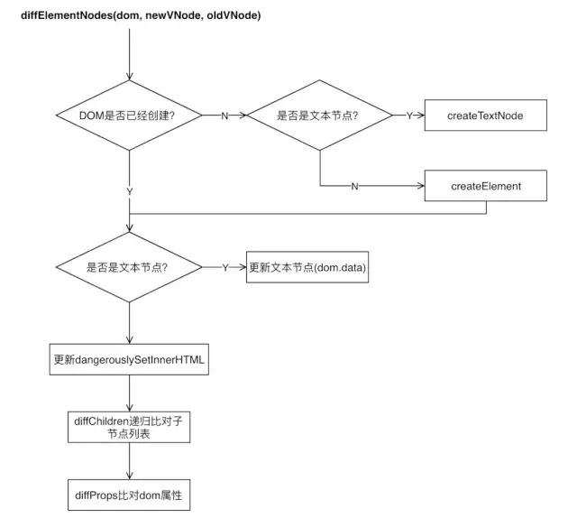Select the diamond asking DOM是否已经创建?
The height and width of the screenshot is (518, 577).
130,116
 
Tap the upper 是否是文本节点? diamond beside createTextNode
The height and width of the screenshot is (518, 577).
319,116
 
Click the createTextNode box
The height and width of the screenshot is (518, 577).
485,116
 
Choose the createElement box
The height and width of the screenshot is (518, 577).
485,186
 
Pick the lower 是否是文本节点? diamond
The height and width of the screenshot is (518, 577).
130,267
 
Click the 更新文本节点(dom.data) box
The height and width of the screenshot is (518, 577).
308,267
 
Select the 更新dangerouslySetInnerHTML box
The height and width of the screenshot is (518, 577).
130,359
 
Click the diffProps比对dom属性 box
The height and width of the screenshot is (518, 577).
130,495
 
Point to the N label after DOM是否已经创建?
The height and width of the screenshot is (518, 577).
224,116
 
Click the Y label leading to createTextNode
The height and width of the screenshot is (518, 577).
409,116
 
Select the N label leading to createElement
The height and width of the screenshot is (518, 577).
354,186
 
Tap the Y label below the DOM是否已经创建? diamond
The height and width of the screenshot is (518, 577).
130,192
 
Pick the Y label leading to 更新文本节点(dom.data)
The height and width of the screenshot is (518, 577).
224,267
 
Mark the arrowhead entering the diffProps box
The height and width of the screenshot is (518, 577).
130,476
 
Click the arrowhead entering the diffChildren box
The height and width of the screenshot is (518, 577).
130,408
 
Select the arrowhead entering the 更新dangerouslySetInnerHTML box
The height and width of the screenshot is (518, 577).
130,340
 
